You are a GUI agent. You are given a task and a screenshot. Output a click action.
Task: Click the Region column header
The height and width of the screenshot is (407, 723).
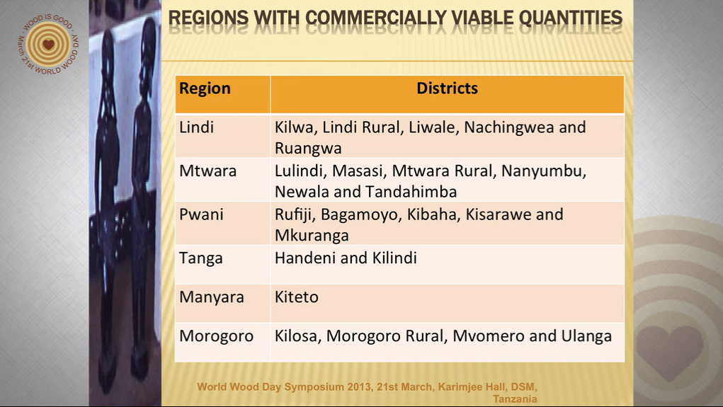(205, 88)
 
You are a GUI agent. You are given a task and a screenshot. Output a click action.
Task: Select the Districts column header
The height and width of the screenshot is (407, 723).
(447, 88)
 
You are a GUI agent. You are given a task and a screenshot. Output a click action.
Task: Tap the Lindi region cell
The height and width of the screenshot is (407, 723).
(196, 127)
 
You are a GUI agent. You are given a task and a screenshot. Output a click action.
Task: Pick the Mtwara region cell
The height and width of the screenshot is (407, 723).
(208, 171)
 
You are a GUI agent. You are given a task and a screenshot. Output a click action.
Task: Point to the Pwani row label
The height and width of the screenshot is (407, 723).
(201, 214)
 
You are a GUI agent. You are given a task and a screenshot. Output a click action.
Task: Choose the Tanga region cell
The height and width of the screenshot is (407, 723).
(201, 258)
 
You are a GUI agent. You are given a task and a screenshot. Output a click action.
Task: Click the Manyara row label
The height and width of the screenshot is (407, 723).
(212, 297)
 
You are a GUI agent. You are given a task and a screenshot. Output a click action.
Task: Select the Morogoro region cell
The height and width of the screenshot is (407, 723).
(216, 336)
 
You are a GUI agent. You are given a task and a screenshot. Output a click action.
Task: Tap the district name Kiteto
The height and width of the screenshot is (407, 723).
(297, 297)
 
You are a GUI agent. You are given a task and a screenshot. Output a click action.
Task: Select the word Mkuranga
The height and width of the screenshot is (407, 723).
(312, 236)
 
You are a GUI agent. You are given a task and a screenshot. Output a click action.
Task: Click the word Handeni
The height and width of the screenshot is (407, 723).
(304, 258)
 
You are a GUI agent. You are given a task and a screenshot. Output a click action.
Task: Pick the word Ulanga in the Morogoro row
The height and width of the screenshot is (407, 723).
(586, 336)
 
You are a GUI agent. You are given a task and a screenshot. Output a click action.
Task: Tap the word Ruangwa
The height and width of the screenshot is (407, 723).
(308, 149)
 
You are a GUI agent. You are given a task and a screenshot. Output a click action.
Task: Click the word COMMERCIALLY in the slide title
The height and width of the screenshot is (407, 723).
(376, 18)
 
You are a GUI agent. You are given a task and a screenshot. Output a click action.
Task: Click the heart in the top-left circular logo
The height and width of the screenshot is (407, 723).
(48, 45)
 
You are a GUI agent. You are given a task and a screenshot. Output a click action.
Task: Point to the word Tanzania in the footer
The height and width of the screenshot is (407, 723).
(515, 399)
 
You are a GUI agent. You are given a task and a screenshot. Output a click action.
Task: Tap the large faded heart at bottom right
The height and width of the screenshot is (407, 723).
(670, 352)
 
